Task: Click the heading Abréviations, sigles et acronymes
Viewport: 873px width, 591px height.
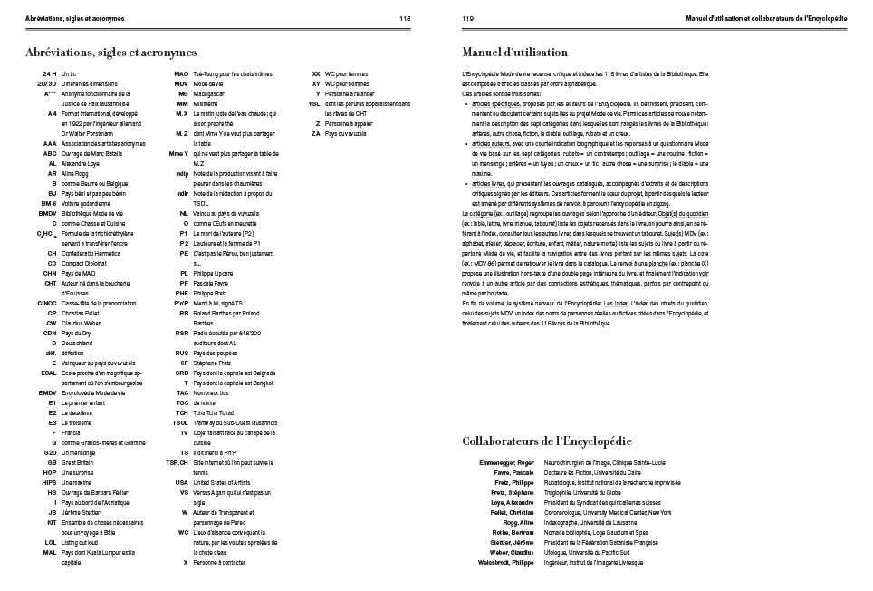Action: tap(111, 53)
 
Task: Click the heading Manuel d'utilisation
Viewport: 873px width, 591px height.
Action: tap(514, 53)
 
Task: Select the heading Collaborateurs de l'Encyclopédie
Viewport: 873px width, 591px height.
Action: tap(546, 441)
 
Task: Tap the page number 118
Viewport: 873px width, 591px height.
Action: tap(405, 18)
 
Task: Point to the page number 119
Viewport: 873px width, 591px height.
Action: tap(468, 18)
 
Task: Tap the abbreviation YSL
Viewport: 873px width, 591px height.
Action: tap(314, 102)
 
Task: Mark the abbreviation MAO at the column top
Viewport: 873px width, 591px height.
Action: tap(181, 73)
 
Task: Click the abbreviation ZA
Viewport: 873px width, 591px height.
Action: tap(316, 133)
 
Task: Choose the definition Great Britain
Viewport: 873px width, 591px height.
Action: tap(77, 462)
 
